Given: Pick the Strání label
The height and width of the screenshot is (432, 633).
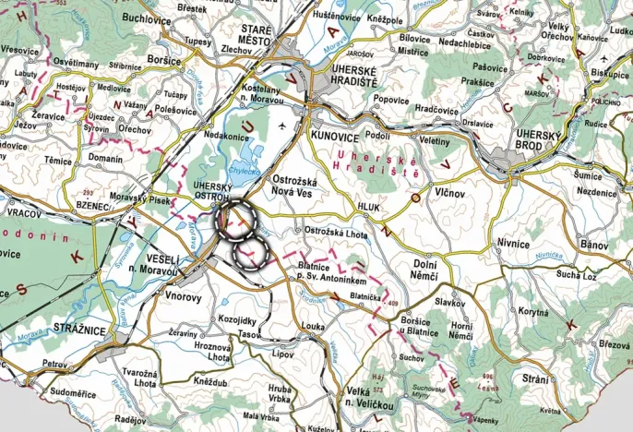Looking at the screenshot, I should tap(535, 379).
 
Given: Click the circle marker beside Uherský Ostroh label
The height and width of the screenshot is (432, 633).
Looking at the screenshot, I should tap(234, 219).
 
